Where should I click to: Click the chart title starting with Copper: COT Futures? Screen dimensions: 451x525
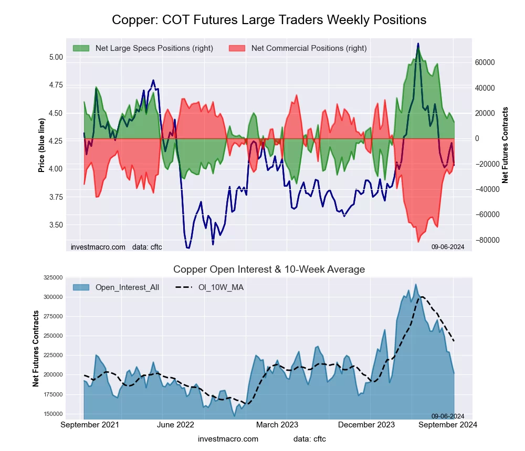click(269, 20)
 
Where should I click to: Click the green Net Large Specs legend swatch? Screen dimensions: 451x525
click(81, 48)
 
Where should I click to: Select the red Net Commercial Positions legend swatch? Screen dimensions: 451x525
click(237, 48)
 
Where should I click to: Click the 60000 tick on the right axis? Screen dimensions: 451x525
click(485, 62)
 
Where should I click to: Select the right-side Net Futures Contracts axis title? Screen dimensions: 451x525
click(505, 145)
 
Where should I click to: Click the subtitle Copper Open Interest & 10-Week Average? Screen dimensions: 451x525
click(269, 270)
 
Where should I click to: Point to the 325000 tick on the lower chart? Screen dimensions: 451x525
click(53, 277)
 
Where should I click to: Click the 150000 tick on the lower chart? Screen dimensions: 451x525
click(53, 414)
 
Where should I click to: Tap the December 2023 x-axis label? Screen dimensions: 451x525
click(371, 425)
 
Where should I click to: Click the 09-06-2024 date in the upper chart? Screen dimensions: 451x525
click(447, 246)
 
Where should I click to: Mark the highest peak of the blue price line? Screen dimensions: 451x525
click(418, 44)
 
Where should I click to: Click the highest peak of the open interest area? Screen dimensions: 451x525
click(416, 284)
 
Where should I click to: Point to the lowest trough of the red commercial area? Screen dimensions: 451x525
click(418, 242)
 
